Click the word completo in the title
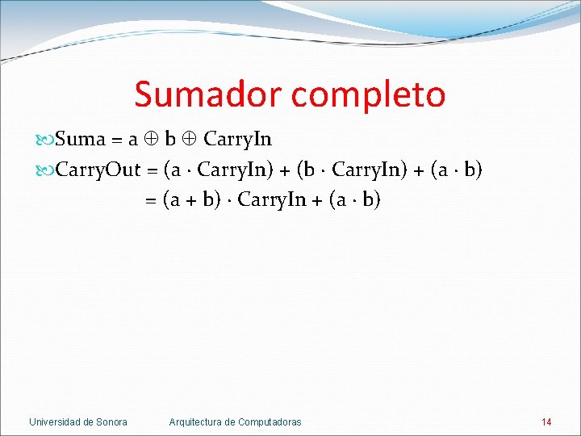[x=369, y=94]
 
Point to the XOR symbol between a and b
[x=148, y=140]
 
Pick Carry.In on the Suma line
[x=237, y=140]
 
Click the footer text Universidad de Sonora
[x=78, y=421]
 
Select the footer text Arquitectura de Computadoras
[x=235, y=421]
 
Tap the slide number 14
[x=546, y=421]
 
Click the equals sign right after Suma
[x=117, y=140]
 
